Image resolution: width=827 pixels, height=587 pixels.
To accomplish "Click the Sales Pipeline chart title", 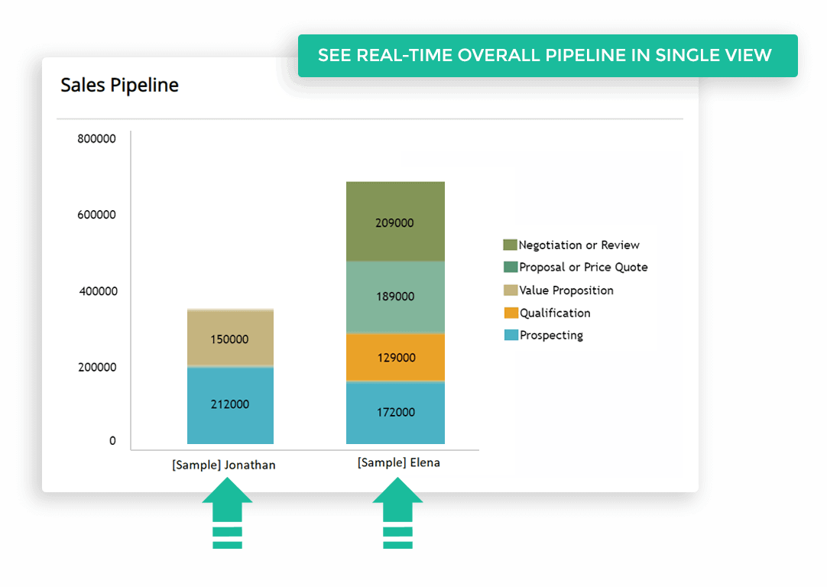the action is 120,85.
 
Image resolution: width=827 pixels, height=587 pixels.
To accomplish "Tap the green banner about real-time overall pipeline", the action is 547,55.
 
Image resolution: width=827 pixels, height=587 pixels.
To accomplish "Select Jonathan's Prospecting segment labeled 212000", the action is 231,405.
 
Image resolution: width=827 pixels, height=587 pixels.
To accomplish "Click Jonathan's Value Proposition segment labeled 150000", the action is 231,338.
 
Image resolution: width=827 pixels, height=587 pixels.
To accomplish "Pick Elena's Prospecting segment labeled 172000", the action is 396,413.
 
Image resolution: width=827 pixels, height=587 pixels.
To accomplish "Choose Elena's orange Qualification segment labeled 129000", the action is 396,357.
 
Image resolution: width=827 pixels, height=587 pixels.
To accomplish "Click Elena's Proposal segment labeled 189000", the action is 396,297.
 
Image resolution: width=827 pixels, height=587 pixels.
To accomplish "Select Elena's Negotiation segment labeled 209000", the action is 396,222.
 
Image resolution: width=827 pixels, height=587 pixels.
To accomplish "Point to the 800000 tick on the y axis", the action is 96,138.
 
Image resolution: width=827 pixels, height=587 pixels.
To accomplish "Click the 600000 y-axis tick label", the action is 96,215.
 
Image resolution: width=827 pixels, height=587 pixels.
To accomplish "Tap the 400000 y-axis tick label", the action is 98,291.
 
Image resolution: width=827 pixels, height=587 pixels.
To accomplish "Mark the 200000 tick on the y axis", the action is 98,367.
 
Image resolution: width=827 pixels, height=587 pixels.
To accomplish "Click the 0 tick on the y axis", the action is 112,441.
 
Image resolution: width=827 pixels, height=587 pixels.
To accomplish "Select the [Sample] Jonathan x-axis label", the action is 224,465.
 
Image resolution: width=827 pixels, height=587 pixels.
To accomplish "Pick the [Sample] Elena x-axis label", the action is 399,462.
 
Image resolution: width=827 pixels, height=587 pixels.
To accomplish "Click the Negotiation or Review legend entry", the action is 571,245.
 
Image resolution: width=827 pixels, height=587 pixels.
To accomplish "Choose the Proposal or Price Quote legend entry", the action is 576,267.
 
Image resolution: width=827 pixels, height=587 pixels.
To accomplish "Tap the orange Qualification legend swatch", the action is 511,313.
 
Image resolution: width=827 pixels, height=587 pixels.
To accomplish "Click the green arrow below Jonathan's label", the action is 227,513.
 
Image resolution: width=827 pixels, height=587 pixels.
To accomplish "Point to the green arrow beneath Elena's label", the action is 397,513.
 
